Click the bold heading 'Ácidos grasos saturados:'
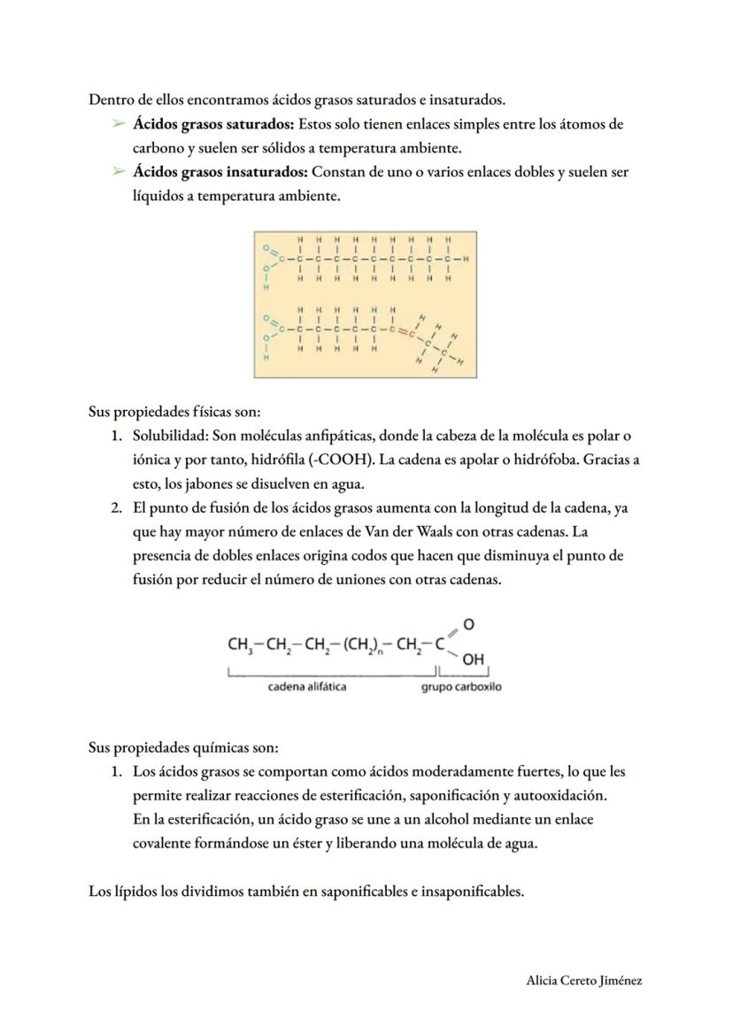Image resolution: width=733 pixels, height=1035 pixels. (x=213, y=124)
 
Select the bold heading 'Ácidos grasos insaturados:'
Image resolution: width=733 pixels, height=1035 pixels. (x=220, y=172)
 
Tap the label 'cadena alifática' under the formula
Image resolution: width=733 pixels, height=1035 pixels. (x=307, y=687)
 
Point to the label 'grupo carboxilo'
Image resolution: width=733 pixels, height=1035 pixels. (x=460, y=687)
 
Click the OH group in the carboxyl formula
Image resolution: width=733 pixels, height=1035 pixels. (x=473, y=660)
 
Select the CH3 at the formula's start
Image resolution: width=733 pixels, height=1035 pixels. (x=240, y=645)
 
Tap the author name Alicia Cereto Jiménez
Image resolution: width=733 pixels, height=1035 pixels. (x=583, y=980)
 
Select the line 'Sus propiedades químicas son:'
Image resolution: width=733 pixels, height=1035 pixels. (x=183, y=747)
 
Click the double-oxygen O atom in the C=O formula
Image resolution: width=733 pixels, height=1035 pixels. (x=468, y=624)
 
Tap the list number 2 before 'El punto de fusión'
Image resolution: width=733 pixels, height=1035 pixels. (x=116, y=508)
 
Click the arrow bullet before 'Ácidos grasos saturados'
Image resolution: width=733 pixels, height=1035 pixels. (x=118, y=124)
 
